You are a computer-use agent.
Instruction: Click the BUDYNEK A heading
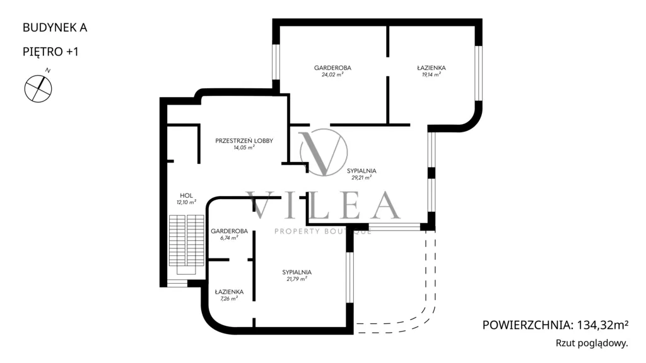[55, 28]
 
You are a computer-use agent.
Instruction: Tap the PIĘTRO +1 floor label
[50, 52]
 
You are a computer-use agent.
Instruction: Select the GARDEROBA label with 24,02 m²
[332, 68]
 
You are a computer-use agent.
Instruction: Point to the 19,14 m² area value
[432, 75]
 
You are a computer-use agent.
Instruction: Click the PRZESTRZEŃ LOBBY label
[244, 141]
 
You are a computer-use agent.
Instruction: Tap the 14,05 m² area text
[244, 147]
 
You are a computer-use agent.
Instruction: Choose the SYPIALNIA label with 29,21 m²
[361, 171]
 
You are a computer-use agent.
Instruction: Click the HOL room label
[186, 195]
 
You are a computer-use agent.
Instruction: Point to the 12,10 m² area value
[186, 202]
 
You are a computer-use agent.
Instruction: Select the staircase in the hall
[187, 245]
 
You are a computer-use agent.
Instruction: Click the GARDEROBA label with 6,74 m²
[229, 231]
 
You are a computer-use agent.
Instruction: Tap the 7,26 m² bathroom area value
[229, 299]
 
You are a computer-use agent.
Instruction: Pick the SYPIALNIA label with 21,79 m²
[297, 272]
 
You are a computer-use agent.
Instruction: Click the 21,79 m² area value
[297, 279]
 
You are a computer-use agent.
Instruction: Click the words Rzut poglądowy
[592, 343]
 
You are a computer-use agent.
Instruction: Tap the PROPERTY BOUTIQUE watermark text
[323, 231]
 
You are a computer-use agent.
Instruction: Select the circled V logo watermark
[324, 153]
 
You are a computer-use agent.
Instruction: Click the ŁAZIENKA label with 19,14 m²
[432, 68]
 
